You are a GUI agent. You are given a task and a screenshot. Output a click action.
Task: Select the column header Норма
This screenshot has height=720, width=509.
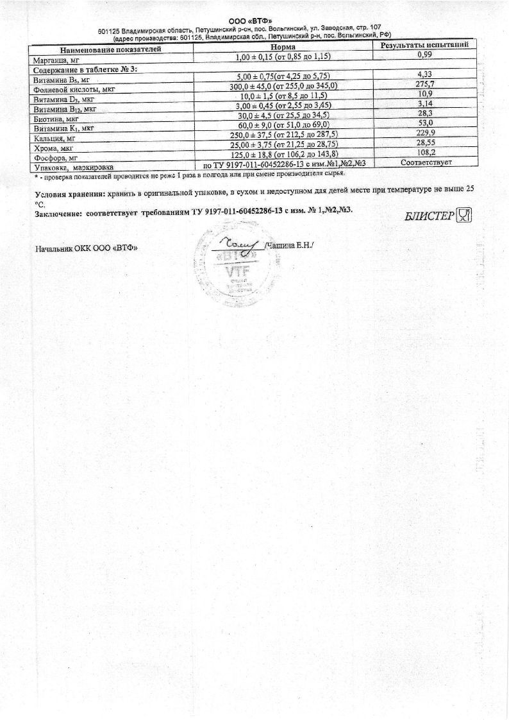pyautogui.click(x=282, y=47)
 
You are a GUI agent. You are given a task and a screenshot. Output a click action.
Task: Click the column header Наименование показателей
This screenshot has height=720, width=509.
pyautogui.click(x=111, y=49)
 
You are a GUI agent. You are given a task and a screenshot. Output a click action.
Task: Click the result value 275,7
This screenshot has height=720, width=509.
pyautogui.click(x=426, y=84)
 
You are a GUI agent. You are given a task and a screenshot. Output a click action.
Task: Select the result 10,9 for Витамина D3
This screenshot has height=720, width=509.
pyautogui.click(x=426, y=94)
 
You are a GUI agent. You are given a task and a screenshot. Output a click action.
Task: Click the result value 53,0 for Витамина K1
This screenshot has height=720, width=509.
pyautogui.click(x=426, y=123)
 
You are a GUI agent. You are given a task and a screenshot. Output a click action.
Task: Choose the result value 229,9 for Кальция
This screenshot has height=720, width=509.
pyautogui.click(x=427, y=132)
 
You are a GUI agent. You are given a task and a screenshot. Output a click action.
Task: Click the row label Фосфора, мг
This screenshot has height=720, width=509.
pyautogui.click(x=55, y=157)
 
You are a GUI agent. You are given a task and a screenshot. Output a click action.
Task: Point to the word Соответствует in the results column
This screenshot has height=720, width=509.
pyautogui.click(x=426, y=162)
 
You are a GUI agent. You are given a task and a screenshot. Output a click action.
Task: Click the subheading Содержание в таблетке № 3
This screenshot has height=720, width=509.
pyautogui.click(x=87, y=69)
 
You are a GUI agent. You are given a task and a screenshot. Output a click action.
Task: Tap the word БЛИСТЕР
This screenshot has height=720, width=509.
pyautogui.click(x=429, y=216)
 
